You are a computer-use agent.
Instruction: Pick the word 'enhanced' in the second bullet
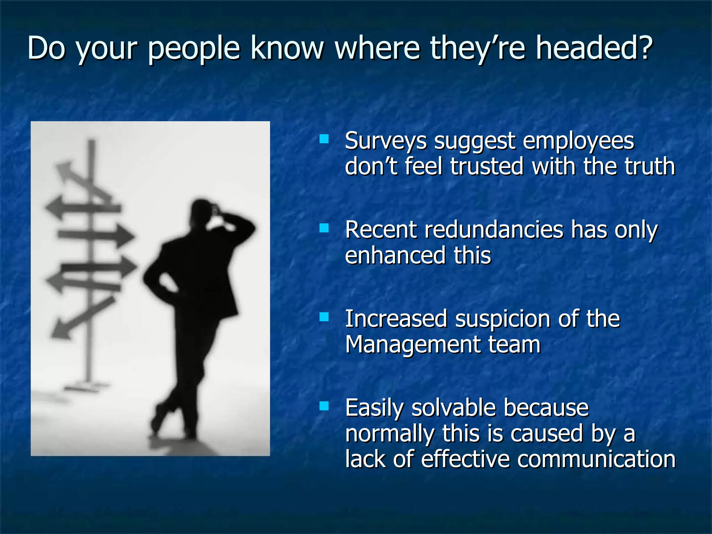pos(395,255)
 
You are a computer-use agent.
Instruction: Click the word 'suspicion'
pos(503,319)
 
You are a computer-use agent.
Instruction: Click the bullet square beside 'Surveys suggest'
pos(324,139)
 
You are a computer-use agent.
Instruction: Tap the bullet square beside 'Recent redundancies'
pos(324,228)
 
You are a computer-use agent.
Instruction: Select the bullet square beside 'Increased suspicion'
pos(324,317)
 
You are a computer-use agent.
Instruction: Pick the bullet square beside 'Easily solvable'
pos(324,406)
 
